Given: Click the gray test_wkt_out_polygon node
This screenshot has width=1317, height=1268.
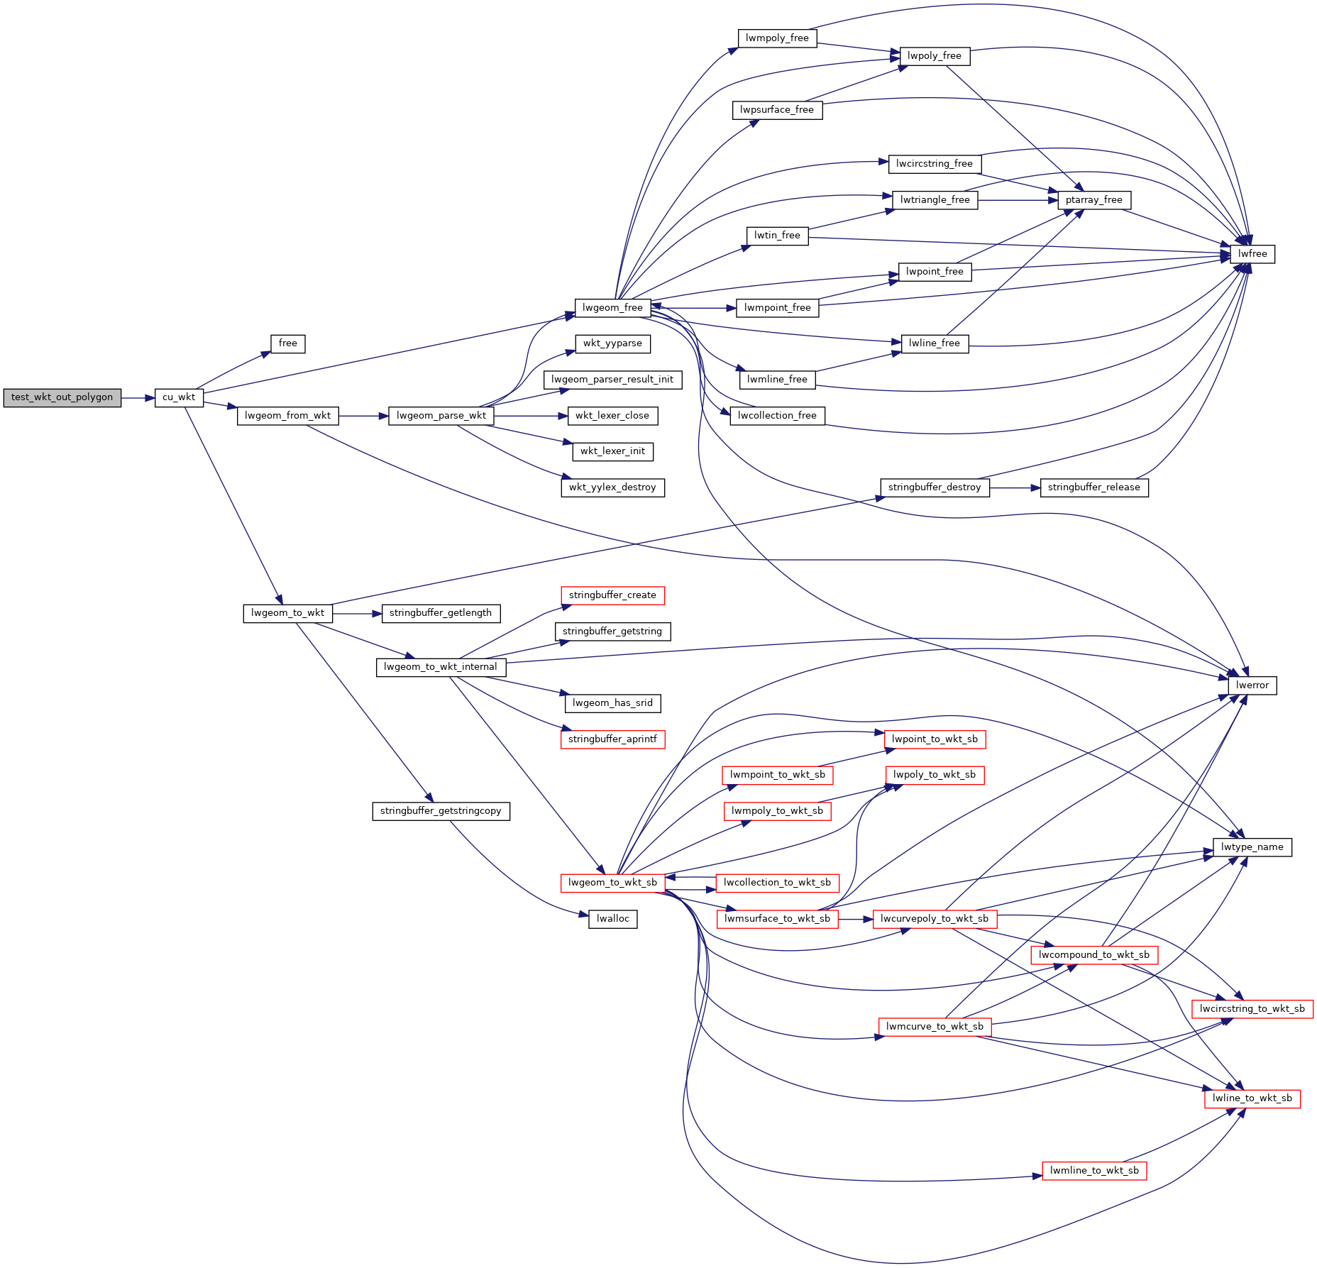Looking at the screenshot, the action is click(x=62, y=398).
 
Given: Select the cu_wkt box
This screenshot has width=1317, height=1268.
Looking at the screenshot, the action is click(x=179, y=398).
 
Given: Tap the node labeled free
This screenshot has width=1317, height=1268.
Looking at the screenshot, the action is click(x=288, y=344).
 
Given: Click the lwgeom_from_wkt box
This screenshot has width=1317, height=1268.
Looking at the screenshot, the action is click(x=287, y=416).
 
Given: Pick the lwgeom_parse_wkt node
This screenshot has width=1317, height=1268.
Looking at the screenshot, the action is click(x=441, y=416).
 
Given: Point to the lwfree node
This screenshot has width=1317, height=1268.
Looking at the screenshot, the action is click(x=1252, y=254).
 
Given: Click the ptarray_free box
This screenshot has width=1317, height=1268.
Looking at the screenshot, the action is click(x=1094, y=200).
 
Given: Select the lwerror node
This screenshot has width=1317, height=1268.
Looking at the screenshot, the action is click(x=1252, y=685).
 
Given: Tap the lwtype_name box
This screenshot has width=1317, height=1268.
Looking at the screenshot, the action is click(x=1252, y=847).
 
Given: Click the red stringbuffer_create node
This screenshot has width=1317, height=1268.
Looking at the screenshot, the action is click(x=612, y=595).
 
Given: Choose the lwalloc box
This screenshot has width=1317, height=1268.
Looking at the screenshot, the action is click(x=613, y=919).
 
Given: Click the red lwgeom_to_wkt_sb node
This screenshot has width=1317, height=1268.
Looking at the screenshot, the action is click(x=613, y=883).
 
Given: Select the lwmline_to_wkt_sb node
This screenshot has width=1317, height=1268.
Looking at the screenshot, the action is click(x=1094, y=1171).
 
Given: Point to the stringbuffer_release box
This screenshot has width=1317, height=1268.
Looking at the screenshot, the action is click(x=1094, y=487).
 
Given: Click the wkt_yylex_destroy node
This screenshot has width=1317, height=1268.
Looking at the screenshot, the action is click(x=613, y=487).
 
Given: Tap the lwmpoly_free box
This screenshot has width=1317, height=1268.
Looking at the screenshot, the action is click(x=778, y=38).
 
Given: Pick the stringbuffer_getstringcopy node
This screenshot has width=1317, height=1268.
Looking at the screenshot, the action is click(x=441, y=811).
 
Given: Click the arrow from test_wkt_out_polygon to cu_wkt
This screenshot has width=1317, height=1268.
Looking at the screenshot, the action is click(x=138, y=398).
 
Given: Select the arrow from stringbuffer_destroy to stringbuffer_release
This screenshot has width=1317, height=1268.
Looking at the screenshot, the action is click(x=1015, y=487).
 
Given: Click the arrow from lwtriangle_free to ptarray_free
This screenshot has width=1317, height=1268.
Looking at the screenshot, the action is click(x=1018, y=200).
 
